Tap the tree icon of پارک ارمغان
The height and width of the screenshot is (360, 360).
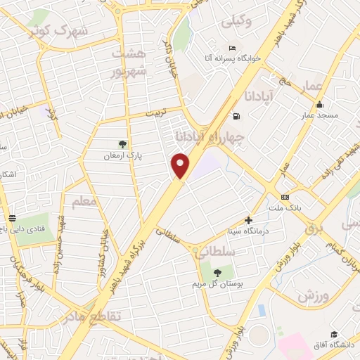(x=122, y=144)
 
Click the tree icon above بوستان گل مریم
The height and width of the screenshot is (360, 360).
(x=216, y=272)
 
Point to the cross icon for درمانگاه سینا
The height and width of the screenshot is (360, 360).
(x=248, y=220)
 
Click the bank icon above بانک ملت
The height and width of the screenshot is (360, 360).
(x=285, y=197)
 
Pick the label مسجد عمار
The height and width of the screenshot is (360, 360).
(x=320, y=115)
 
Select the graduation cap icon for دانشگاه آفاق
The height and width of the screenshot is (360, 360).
(x=333, y=335)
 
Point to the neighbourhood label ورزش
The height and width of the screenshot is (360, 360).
(x=314, y=296)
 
